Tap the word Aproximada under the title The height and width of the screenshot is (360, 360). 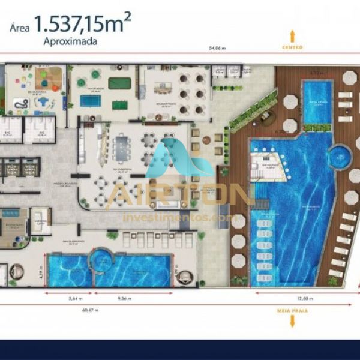click(70, 43)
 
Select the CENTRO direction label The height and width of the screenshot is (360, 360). click(292, 47)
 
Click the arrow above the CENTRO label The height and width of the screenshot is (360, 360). click(292, 34)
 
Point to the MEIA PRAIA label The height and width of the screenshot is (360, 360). click(292, 311)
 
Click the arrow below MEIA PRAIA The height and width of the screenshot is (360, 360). click(292, 322)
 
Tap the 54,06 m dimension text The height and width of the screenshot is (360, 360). click(217, 47)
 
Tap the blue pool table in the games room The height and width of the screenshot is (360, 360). click(90, 101)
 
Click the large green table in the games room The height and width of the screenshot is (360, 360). click(119, 82)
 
